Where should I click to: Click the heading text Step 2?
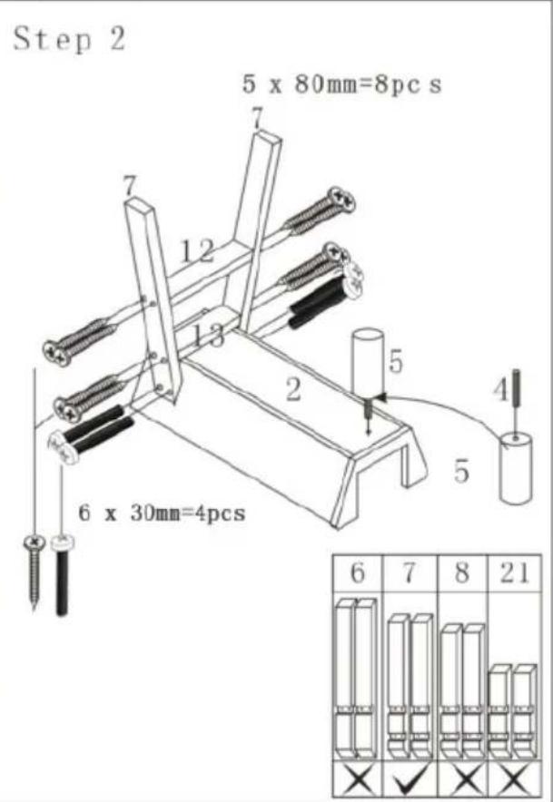[x=69, y=41]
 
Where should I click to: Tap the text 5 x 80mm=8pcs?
[x=341, y=87]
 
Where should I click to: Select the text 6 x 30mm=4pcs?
[x=162, y=513]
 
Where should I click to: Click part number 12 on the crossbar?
[x=196, y=249]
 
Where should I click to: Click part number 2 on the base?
[x=292, y=391]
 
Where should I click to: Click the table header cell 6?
[x=357, y=575]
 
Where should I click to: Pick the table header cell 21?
[x=515, y=575]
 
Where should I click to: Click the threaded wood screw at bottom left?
[x=33, y=572]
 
